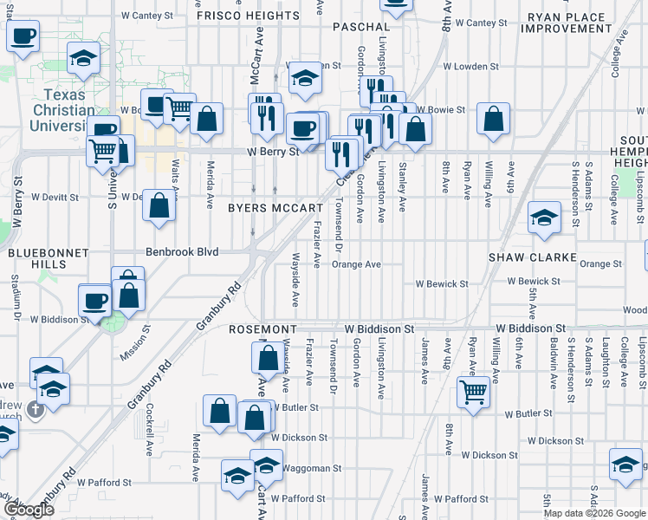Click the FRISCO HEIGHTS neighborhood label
248,16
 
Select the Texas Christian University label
72,110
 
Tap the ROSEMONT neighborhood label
263,330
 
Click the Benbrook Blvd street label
181,253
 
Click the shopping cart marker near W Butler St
474,392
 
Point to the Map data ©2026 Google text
594,513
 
